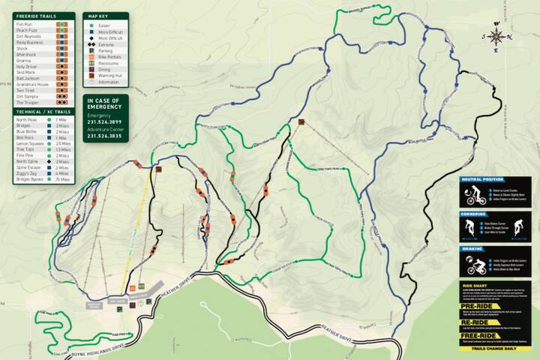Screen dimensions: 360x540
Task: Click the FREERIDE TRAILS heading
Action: coord(37,16)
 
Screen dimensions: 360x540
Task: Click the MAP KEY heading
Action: coord(98,16)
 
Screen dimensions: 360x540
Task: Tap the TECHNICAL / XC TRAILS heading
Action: coord(39,111)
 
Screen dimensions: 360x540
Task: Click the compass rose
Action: coord(496,37)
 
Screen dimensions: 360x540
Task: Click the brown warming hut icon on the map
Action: coord(301,122)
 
